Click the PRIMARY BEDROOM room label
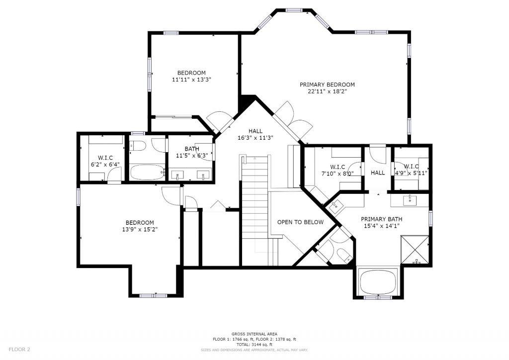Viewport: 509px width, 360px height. tap(327, 85)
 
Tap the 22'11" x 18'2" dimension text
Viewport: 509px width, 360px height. tap(327, 91)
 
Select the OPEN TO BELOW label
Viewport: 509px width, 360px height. tap(300, 222)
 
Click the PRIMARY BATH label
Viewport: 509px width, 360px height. tap(381, 219)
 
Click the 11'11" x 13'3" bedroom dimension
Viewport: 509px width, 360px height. tap(191, 80)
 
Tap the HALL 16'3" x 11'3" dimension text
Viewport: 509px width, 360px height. tap(255, 138)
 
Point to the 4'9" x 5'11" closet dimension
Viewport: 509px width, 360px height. tap(411, 174)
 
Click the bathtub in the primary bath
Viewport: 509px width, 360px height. tap(378, 281)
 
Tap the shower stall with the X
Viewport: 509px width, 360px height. tap(415, 250)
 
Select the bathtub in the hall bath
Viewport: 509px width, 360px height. tap(147, 173)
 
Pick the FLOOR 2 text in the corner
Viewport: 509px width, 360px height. tap(19, 350)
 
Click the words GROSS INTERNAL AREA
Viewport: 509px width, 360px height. tap(254, 334)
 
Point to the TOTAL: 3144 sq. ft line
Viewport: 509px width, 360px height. tap(254, 345)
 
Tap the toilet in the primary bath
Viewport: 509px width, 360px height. tap(344, 255)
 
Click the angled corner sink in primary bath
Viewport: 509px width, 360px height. tap(335, 205)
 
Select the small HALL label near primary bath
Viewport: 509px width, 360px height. tap(378, 173)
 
